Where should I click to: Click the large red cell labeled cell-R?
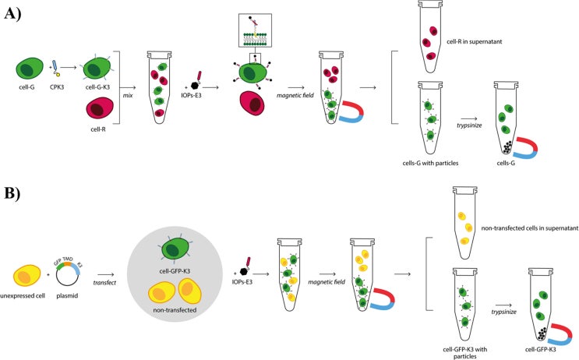(101, 118)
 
